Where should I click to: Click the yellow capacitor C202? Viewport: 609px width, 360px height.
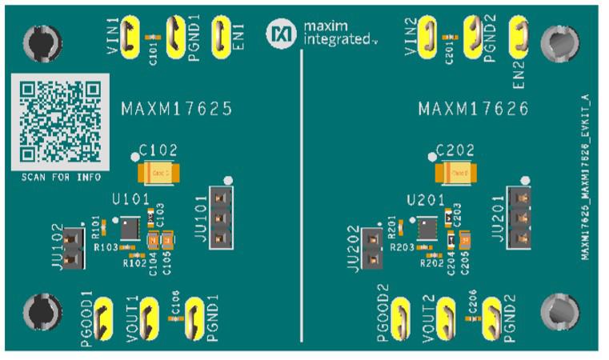point(456,172)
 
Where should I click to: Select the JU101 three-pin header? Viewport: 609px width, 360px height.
point(222,218)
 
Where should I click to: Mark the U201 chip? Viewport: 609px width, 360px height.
point(427,227)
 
